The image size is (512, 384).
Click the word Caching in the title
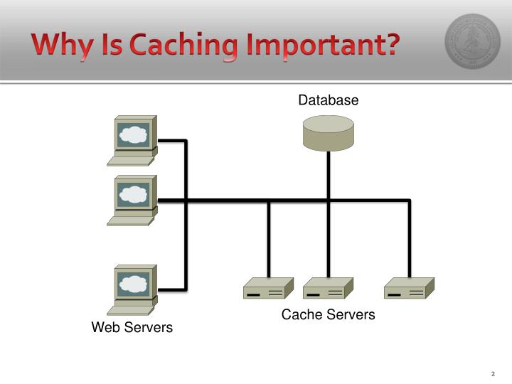(x=184, y=46)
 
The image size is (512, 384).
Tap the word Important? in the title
(x=324, y=45)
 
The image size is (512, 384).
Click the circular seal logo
(x=472, y=41)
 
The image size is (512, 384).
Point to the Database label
(x=328, y=100)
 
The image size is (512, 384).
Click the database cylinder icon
(x=328, y=133)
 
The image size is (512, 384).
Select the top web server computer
(x=132, y=141)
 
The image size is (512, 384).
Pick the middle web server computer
(x=132, y=201)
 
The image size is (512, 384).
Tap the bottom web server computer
(x=132, y=290)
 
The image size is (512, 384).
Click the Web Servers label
(x=132, y=327)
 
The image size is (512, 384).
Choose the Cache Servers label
(x=328, y=314)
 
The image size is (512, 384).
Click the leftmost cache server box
(x=268, y=288)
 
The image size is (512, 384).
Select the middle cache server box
(x=328, y=288)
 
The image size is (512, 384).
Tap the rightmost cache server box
(x=409, y=288)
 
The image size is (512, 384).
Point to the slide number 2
(x=493, y=373)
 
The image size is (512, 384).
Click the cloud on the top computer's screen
(x=133, y=134)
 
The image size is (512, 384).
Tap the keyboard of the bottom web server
(x=131, y=311)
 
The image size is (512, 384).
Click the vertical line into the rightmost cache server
(x=410, y=239)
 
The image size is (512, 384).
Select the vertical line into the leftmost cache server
(x=269, y=239)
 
